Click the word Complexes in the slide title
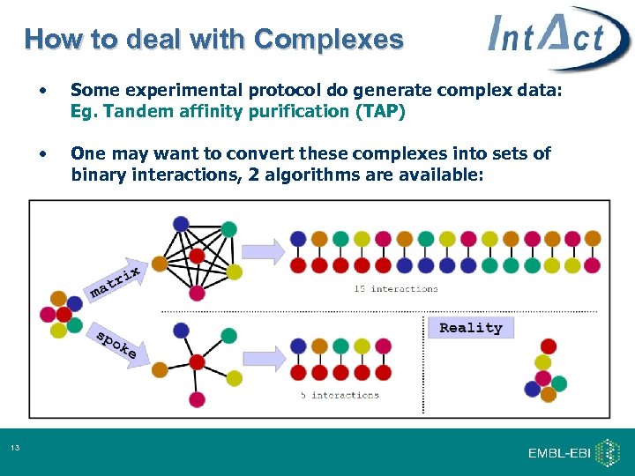pyautogui.click(x=328, y=40)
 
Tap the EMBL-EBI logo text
pyautogui.click(x=558, y=453)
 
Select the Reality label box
pyautogui.click(x=470, y=328)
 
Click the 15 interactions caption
pyautogui.click(x=395, y=288)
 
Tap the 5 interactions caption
pyautogui.click(x=340, y=395)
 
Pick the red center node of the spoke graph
pyautogui.click(x=196, y=361)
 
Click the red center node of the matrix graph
pyautogui.click(x=197, y=257)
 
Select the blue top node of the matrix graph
pyautogui.click(x=181, y=224)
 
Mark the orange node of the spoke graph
pyautogui.click(x=160, y=370)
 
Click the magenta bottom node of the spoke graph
pyautogui.click(x=197, y=399)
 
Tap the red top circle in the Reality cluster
pyautogui.click(x=549, y=346)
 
